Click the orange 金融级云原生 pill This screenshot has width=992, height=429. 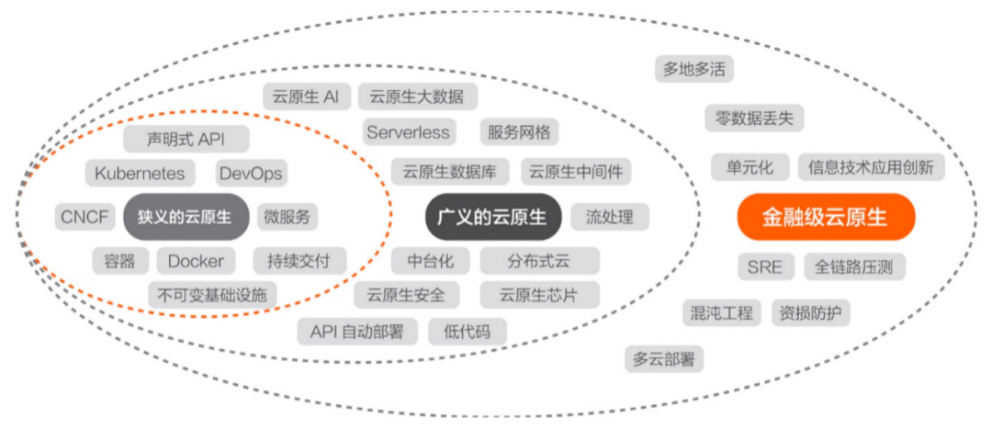pos(827,217)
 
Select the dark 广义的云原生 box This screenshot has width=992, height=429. pos(493,217)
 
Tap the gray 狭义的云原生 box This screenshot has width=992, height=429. pos(186,217)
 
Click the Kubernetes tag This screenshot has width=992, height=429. pos(140,174)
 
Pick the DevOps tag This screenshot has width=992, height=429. pos(251,174)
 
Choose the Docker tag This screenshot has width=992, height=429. pos(196,261)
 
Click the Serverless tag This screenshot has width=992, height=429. pos(410,132)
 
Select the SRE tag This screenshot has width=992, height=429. pos(764,267)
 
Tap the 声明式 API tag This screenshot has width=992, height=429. pos(186,140)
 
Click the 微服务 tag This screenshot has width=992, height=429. pos(287,217)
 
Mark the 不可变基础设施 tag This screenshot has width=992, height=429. pos(212,294)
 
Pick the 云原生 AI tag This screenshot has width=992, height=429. pos(306,96)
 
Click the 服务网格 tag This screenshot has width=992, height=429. pos(519,132)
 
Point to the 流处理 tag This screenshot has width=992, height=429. pos(610,217)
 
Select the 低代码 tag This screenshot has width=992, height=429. pos(468,331)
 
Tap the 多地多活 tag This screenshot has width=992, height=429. pos(694,68)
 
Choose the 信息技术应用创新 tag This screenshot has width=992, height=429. pos(871,168)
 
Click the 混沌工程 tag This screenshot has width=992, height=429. pos(722,312)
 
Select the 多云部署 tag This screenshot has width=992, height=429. pos(664,359)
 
